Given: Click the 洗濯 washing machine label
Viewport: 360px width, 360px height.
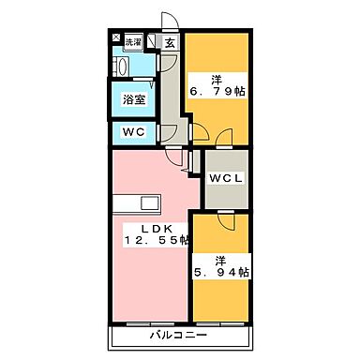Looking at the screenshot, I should tap(134, 42).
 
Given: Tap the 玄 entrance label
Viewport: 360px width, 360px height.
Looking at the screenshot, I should tap(170, 43).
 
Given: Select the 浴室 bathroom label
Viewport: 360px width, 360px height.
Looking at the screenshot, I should tap(134, 98).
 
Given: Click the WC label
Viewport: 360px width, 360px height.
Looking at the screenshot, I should tap(134, 132).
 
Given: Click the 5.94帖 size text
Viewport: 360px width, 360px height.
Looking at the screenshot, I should tap(222, 273).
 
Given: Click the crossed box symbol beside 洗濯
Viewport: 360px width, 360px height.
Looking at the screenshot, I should tap(117, 40).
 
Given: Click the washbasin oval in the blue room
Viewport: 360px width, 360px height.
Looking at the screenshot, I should tap(120, 67).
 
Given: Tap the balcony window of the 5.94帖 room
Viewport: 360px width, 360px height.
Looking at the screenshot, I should tap(222, 322).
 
